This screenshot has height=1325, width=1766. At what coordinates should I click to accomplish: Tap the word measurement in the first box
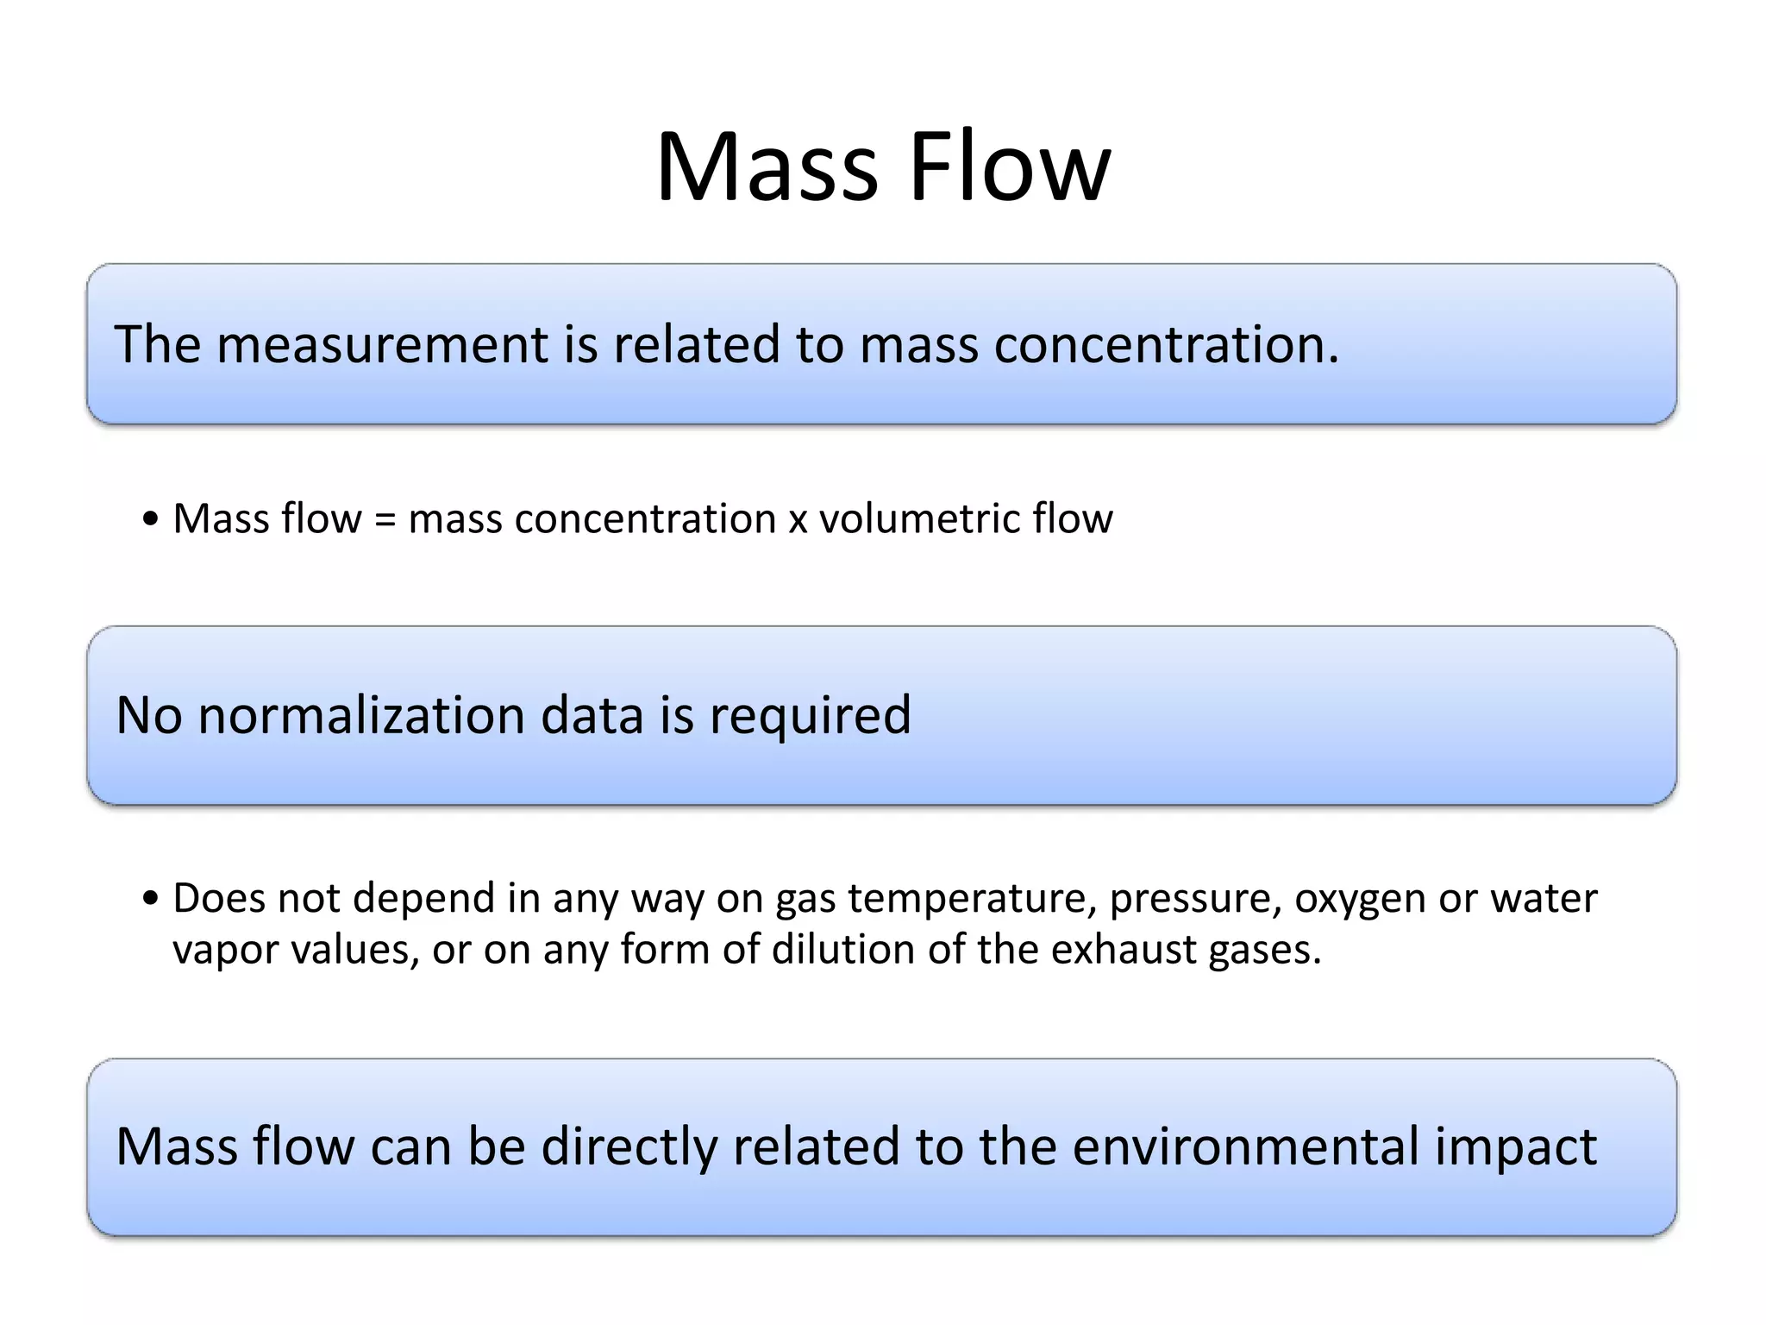click(381, 344)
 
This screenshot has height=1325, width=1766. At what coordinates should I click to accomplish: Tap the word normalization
click(361, 715)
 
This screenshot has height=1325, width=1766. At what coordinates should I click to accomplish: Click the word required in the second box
click(810, 717)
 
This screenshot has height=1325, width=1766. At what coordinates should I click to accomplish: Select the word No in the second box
click(148, 715)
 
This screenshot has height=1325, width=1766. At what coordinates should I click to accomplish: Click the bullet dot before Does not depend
click(151, 899)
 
